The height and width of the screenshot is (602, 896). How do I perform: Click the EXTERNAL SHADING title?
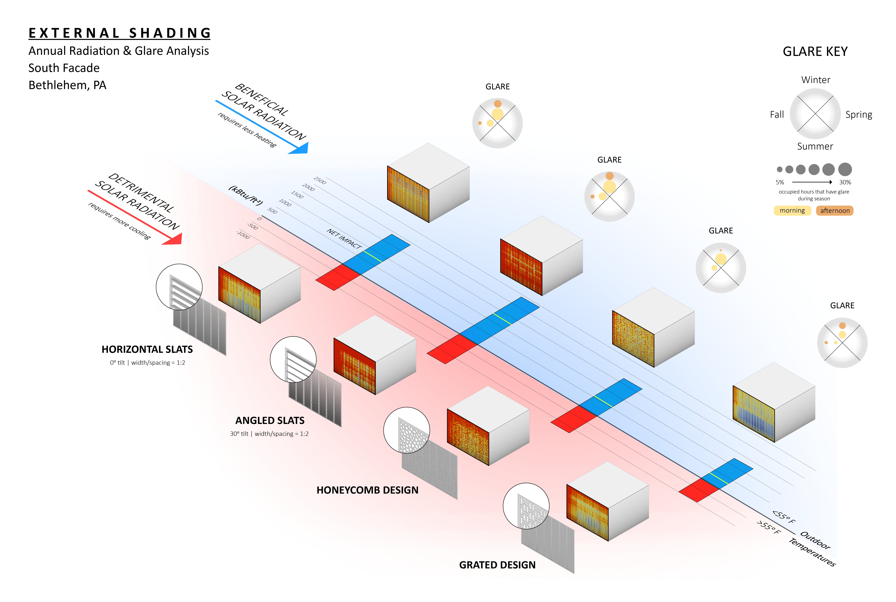point(120,33)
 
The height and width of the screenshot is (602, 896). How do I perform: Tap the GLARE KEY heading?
point(815,51)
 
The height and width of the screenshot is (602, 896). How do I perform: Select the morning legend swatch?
point(792,210)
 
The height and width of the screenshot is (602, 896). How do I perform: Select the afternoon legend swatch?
point(835,210)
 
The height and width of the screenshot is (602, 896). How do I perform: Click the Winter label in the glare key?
point(815,80)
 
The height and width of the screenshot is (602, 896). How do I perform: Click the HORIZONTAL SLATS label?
point(147,349)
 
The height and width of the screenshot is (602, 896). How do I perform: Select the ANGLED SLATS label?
point(270,420)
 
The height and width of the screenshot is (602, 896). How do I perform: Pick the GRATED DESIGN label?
point(497,565)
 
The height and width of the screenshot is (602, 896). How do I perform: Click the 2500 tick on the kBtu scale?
point(320,180)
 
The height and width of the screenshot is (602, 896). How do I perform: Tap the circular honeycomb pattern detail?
point(407,430)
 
